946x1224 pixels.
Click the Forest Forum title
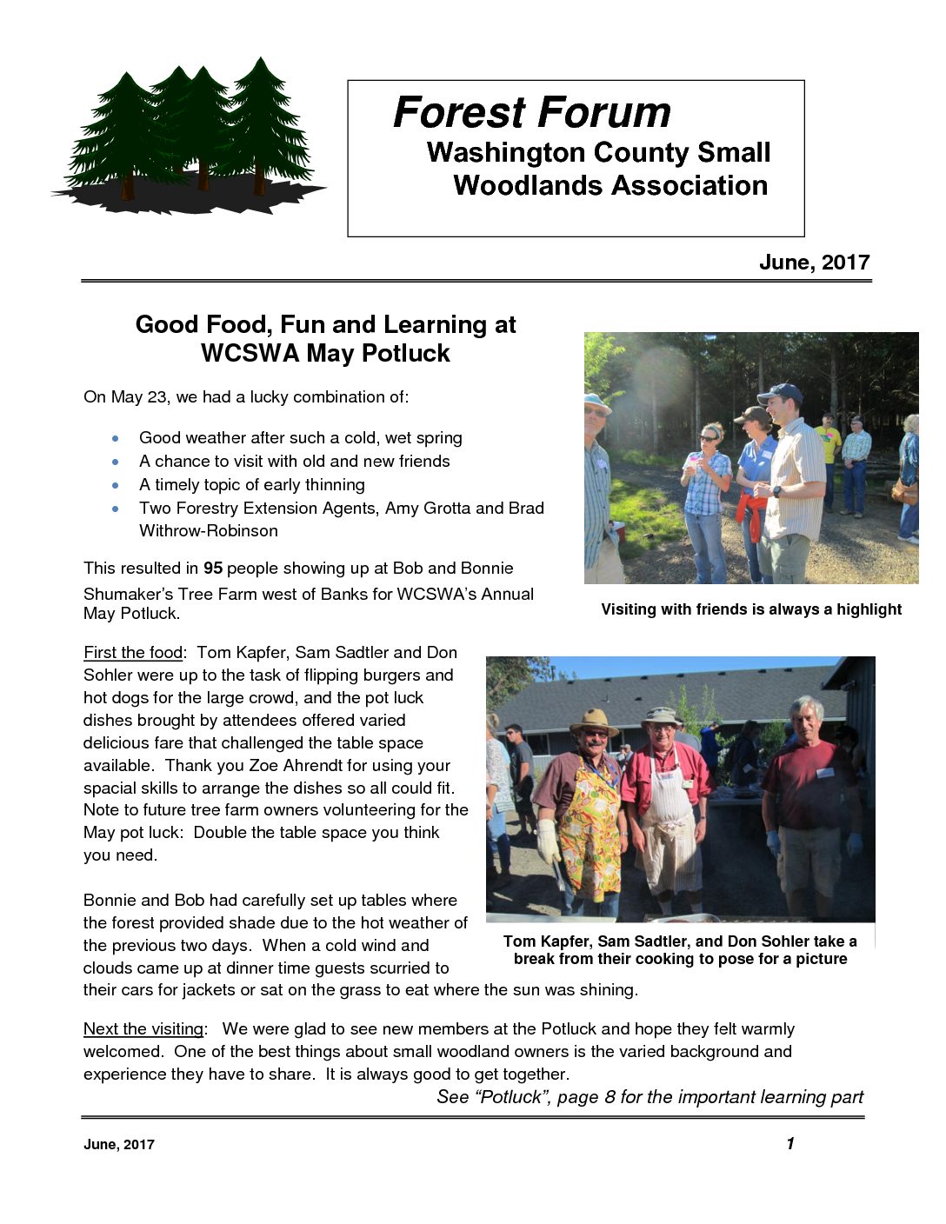(x=531, y=112)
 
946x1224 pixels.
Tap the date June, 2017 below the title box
(x=814, y=263)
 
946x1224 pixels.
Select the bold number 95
(x=213, y=569)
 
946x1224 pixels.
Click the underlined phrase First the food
(x=133, y=653)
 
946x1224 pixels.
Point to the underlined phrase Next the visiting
(x=143, y=1029)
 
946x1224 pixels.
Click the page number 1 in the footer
(x=790, y=1144)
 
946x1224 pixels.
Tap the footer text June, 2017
(x=119, y=1145)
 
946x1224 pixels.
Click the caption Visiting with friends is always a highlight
(x=751, y=609)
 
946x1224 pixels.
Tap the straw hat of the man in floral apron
(x=593, y=722)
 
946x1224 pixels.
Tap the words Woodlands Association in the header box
(x=610, y=185)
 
